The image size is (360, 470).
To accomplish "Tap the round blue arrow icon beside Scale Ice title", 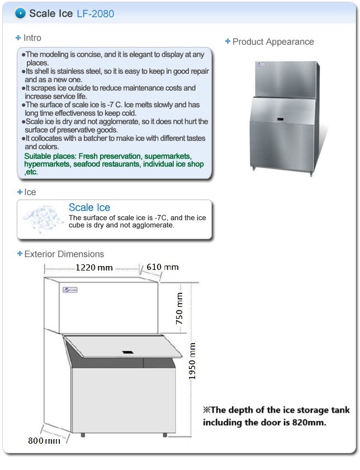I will click(21, 13).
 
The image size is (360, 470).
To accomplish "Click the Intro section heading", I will click(32, 38).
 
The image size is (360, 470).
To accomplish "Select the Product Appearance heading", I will click(273, 42).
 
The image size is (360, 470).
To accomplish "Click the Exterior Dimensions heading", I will click(64, 254).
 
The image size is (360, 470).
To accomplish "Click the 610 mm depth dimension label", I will click(163, 267).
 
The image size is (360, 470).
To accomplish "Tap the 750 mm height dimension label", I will click(180, 308).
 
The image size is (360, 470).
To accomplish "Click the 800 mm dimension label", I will click(44, 440).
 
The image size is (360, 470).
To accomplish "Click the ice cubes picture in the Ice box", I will click(41, 219).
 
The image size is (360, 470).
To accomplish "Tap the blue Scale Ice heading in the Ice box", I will click(89, 208).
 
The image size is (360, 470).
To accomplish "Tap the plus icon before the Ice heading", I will click(19, 192).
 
